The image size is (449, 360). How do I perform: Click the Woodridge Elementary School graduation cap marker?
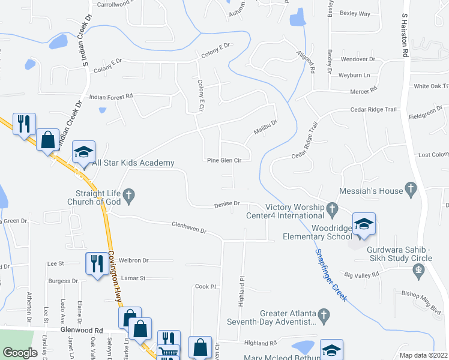364,224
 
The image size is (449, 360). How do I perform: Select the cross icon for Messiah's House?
411,190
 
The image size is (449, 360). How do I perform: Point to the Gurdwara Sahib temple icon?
419,270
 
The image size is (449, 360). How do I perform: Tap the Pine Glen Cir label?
224,160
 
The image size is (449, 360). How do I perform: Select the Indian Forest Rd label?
110,96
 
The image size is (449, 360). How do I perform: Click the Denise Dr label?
227,205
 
